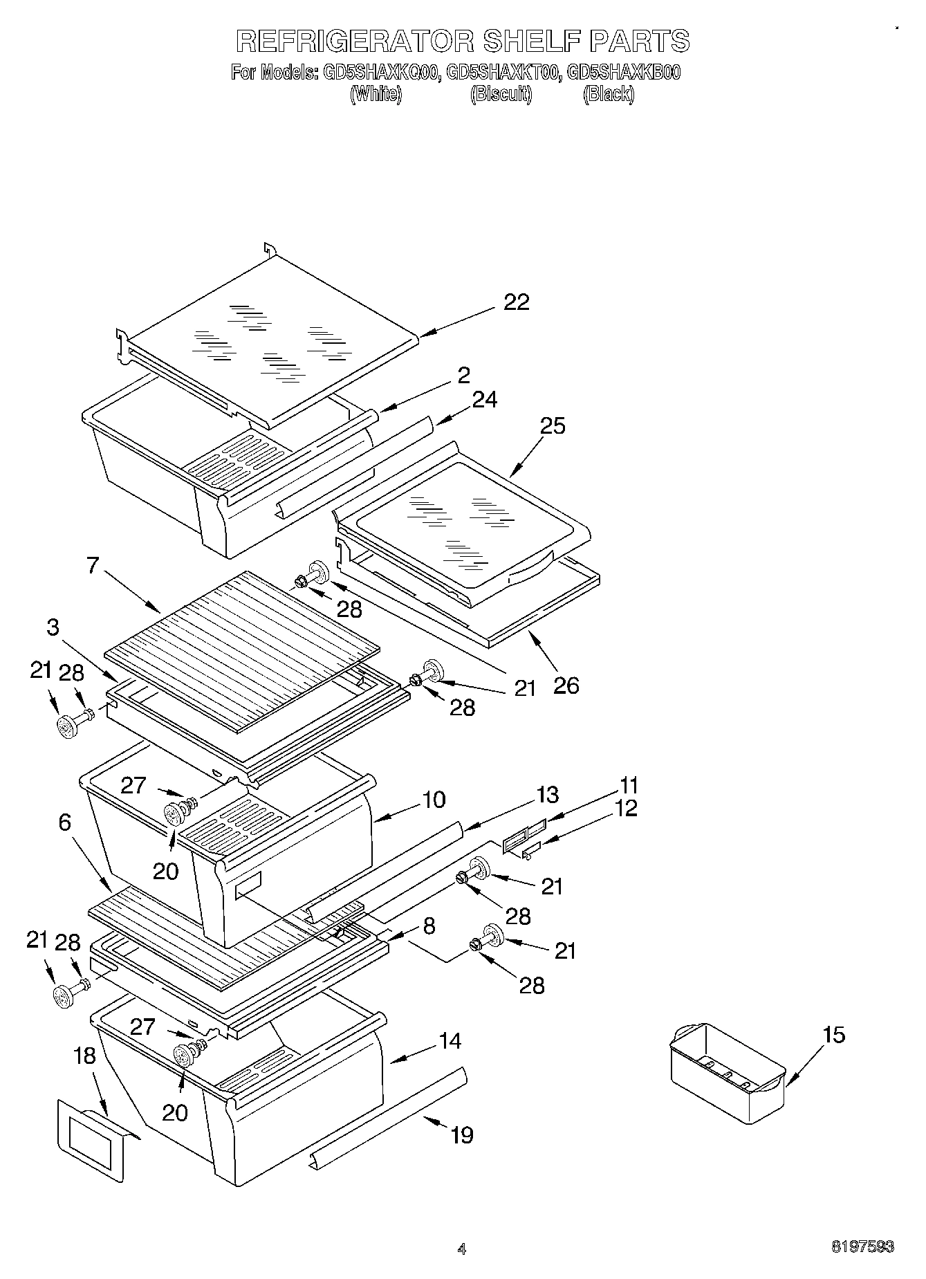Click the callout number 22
(517, 302)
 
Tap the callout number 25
(553, 426)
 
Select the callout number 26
(566, 685)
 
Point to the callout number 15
(833, 1035)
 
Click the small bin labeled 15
(726, 1072)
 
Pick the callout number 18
(84, 1056)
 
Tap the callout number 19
(461, 1134)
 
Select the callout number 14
(450, 1041)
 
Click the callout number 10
(433, 800)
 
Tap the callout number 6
(64, 822)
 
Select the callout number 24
(485, 400)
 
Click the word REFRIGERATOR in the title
(354, 41)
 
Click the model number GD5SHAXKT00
(502, 73)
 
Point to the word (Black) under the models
(608, 94)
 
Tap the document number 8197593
(862, 1247)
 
